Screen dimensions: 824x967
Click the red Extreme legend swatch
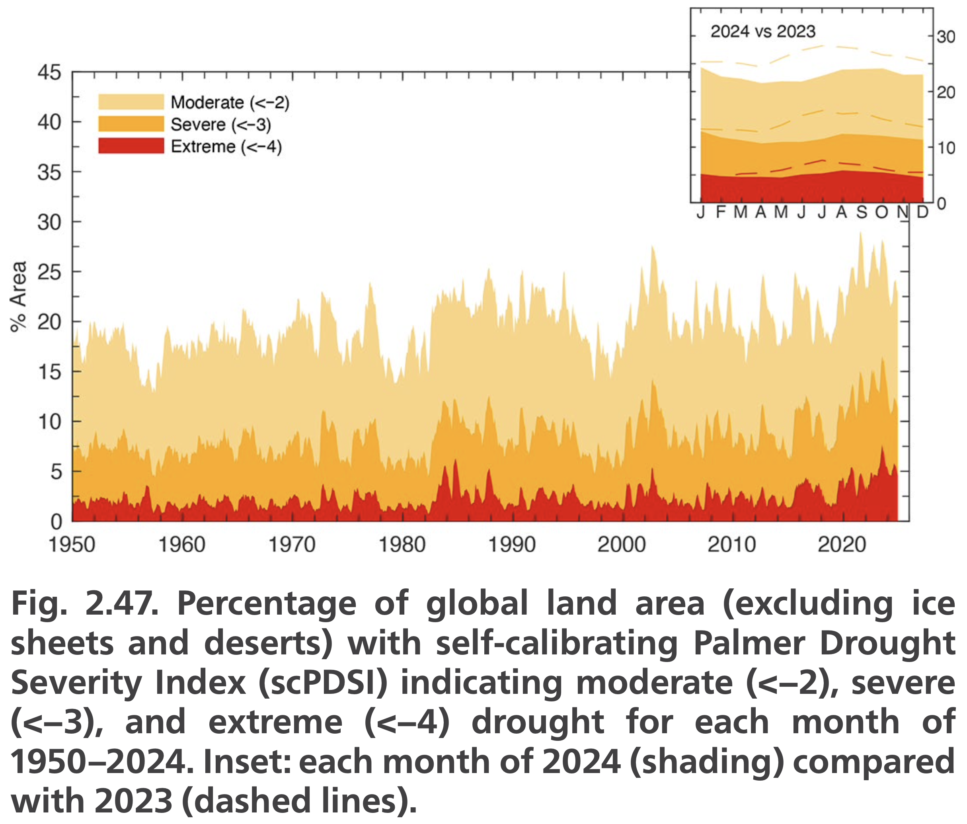(131, 146)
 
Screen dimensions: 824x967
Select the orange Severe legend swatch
(131, 124)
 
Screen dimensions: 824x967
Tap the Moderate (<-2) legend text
(230, 102)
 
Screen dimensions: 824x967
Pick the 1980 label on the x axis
(402, 544)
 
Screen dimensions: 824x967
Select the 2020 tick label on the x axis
(842, 544)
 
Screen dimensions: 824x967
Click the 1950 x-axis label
(72, 544)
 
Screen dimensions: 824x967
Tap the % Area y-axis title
(19, 297)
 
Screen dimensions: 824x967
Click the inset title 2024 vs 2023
(762, 31)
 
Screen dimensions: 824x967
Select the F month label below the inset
(721, 213)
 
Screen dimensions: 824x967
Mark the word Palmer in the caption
(749, 643)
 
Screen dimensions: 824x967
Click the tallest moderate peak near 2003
(653, 247)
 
